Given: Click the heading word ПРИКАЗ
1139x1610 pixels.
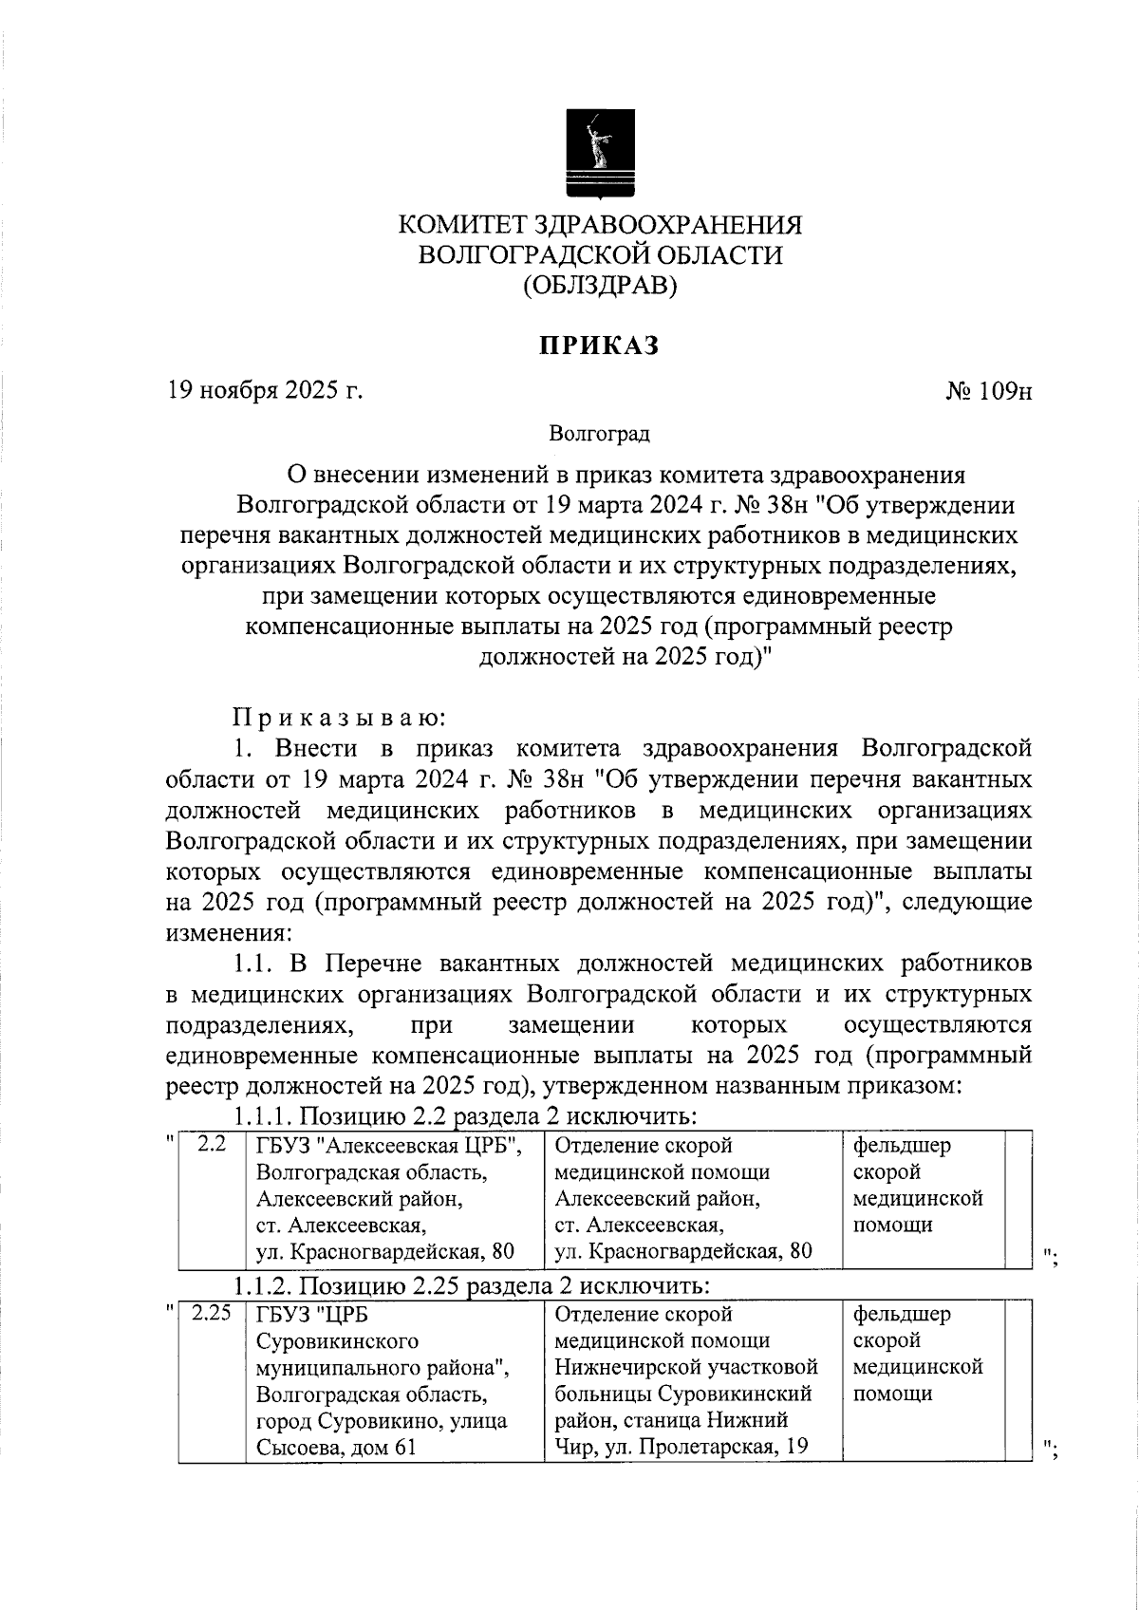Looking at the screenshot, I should (x=600, y=346).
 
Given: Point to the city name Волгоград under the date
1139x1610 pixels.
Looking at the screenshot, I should (x=600, y=435).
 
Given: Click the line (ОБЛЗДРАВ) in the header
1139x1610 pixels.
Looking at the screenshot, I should (x=600, y=285).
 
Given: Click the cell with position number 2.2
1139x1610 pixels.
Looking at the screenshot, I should (x=211, y=1145).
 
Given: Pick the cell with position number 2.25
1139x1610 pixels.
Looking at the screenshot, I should (x=211, y=1315).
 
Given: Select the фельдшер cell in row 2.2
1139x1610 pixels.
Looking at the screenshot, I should (x=917, y=1185).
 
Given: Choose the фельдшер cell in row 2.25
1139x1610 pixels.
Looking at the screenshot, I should (x=917, y=1354).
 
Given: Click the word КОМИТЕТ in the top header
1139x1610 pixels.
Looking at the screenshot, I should (x=462, y=226).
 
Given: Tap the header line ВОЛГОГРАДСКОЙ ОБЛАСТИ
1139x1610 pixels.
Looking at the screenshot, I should (x=600, y=255).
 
